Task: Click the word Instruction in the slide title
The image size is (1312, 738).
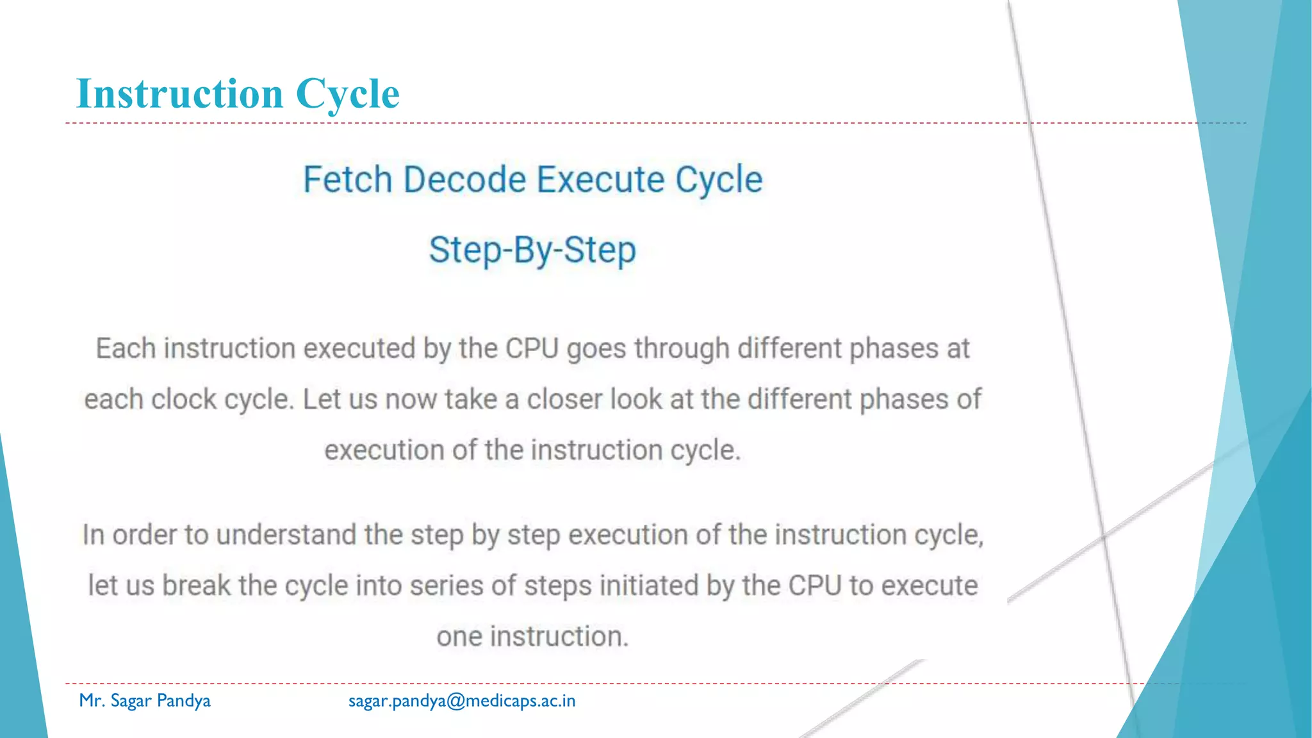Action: click(x=179, y=94)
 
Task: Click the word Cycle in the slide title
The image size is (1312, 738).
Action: click(x=347, y=94)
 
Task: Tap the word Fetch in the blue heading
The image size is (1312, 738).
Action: click(x=347, y=179)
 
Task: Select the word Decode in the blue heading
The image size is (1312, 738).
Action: click(x=465, y=179)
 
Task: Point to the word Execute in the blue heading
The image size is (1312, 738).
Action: click(x=601, y=179)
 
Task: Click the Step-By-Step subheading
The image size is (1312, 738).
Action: click(x=532, y=250)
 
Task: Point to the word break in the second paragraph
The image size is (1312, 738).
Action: click(x=196, y=586)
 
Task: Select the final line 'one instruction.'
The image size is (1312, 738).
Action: click(x=532, y=636)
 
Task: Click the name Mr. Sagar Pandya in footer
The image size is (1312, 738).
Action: click(x=145, y=700)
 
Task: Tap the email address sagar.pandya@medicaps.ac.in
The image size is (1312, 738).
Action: click(x=462, y=701)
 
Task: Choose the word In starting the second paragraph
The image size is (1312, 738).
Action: click(x=94, y=535)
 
